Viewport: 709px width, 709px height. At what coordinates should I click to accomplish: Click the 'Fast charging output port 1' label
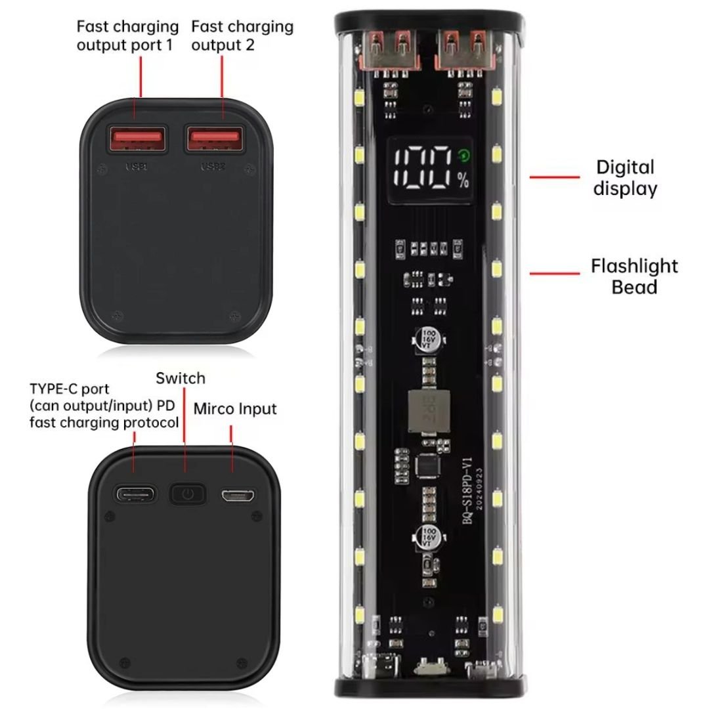(127, 36)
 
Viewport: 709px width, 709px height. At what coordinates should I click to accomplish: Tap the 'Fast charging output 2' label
(242, 36)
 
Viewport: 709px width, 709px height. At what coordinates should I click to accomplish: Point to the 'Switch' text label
(180, 378)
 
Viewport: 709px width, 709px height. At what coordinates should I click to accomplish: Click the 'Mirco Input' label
(235, 408)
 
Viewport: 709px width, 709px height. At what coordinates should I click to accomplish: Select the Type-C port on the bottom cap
(135, 494)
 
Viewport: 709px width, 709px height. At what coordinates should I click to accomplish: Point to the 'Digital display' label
(625, 178)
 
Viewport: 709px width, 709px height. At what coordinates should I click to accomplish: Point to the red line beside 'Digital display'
(554, 177)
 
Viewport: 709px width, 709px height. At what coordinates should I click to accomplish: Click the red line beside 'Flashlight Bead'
(554, 273)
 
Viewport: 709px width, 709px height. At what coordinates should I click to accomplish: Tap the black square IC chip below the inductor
(425, 465)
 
